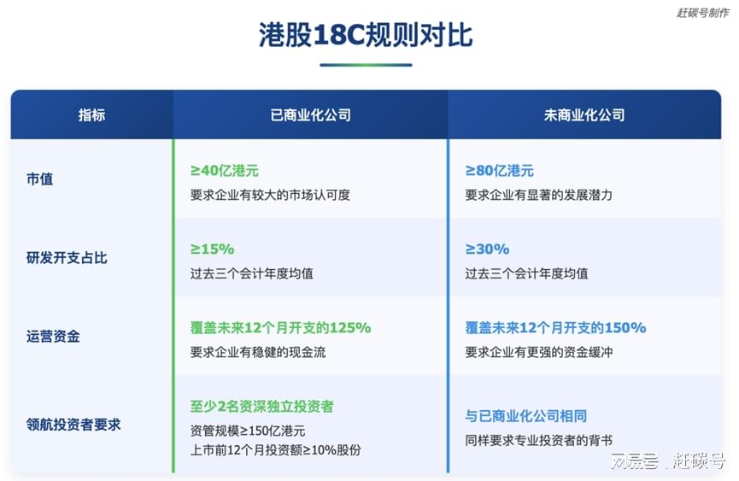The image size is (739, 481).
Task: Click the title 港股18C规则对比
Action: pyautogui.click(x=366, y=35)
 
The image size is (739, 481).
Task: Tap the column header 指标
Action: pyautogui.click(x=92, y=115)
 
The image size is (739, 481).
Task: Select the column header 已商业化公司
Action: pyautogui.click(x=311, y=115)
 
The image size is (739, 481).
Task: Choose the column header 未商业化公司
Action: pyautogui.click(x=584, y=115)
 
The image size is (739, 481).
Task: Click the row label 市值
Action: pyautogui.click(x=40, y=179)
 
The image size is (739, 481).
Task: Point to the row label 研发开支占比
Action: pyautogui.click(x=67, y=258)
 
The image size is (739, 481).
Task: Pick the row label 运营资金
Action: pyautogui.click(x=53, y=337)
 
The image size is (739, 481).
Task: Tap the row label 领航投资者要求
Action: pyautogui.click(x=73, y=425)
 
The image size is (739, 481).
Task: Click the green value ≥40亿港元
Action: pyautogui.click(x=225, y=171)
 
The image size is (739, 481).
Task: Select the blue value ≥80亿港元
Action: pyautogui.click(x=499, y=171)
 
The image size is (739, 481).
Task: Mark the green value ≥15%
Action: pyautogui.click(x=212, y=249)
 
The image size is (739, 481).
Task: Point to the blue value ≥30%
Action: pyautogui.click(x=487, y=249)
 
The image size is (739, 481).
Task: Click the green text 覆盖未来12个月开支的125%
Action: pyautogui.click(x=280, y=327)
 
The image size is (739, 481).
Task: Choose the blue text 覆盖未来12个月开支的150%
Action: pyautogui.click(x=555, y=327)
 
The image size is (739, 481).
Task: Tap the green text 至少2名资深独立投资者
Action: pyautogui.click(x=262, y=406)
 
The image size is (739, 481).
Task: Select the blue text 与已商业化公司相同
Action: pyautogui.click(x=526, y=416)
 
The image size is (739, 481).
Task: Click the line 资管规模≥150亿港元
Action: pyautogui.click(x=248, y=431)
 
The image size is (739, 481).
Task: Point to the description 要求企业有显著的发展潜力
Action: pyautogui.click(x=539, y=195)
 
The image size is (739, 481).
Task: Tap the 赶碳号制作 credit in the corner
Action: pyautogui.click(x=703, y=13)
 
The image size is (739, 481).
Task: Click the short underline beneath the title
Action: pyautogui.click(x=366, y=65)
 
